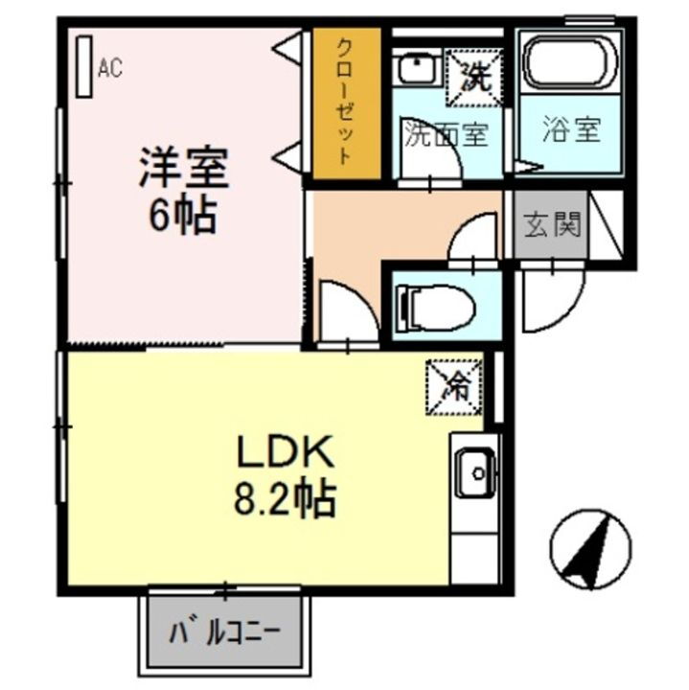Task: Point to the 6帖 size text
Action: (181, 217)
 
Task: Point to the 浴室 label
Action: (571, 131)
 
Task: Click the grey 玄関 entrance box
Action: (551, 228)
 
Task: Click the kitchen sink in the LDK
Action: (473, 471)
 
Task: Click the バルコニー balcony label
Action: (226, 634)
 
